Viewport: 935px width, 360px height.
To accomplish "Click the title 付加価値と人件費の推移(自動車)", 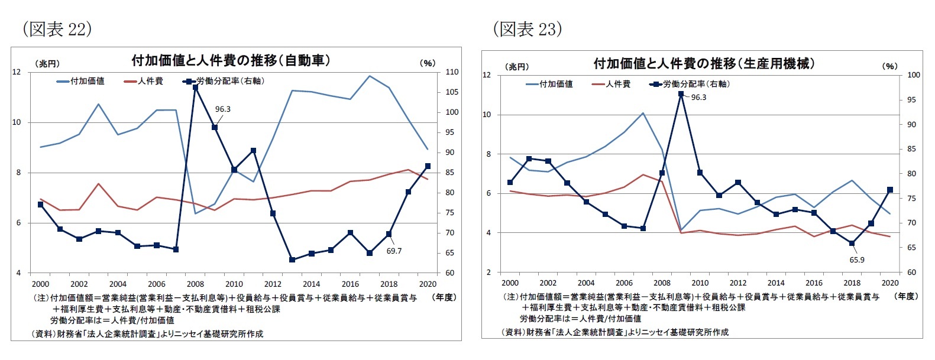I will [231, 60].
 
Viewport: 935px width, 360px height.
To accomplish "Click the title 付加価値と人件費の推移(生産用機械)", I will [704, 63].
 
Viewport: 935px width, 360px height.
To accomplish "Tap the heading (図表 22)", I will [57, 29].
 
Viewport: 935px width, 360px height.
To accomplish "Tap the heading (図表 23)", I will [528, 29].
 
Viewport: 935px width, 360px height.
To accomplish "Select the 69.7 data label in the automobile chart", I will [394, 251].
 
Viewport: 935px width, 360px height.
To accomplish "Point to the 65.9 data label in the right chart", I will [857, 260].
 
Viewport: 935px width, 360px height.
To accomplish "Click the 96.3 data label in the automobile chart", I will [222, 109].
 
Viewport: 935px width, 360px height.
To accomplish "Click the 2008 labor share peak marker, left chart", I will [195, 87].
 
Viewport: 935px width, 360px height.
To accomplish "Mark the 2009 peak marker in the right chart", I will [681, 94].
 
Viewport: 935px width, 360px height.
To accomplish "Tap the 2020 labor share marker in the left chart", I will [428, 166].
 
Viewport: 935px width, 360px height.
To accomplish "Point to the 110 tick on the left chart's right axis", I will [452, 72].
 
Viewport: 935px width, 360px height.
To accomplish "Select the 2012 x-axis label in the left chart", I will [273, 284].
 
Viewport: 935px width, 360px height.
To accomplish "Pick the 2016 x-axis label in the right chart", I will [814, 283].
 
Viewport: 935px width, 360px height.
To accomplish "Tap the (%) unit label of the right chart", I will [889, 66].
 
